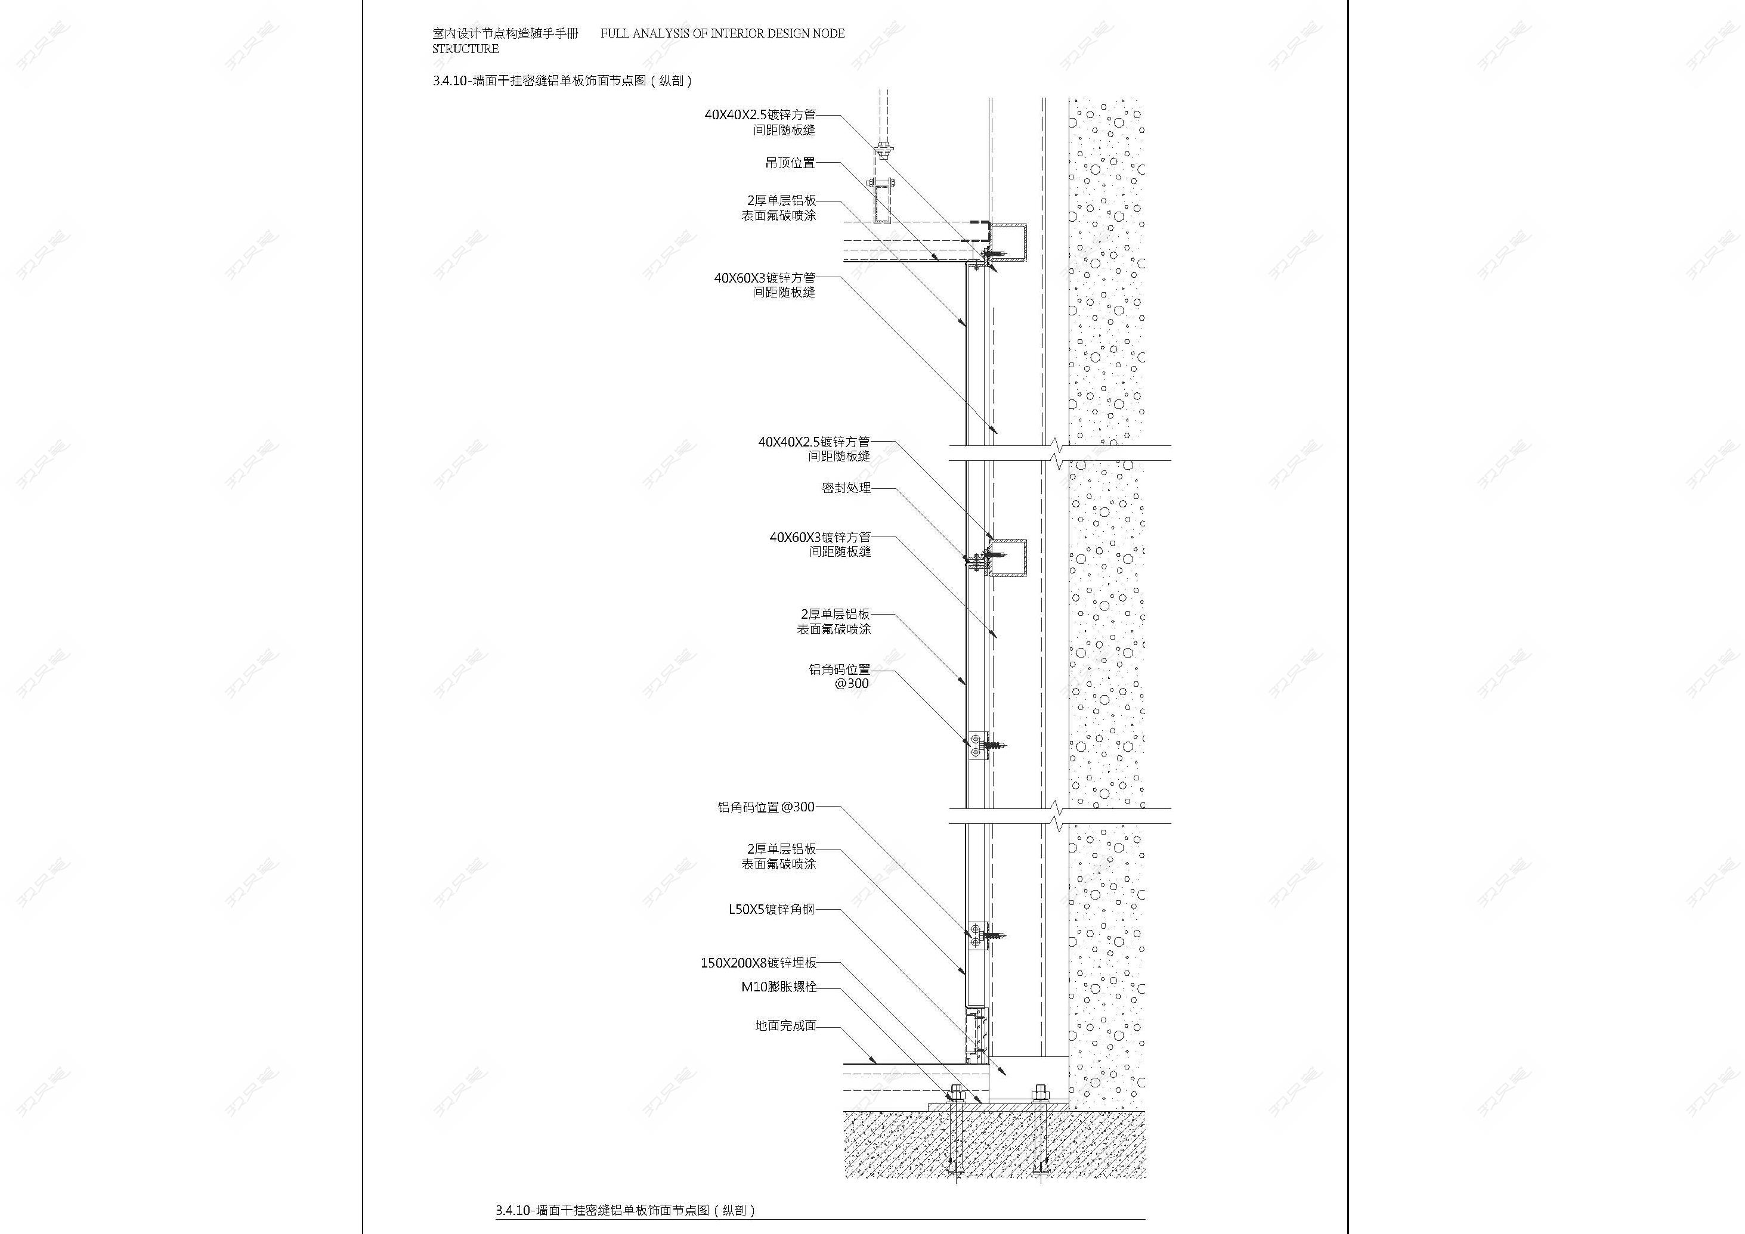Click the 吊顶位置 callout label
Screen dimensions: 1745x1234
click(790, 163)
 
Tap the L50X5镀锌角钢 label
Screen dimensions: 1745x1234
click(772, 909)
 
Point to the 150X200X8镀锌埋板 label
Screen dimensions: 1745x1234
click(759, 963)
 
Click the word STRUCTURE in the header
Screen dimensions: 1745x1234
click(465, 49)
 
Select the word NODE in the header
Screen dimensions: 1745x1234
click(828, 33)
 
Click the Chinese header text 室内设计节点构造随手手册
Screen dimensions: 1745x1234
click(505, 33)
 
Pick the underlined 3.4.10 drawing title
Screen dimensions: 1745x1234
click(626, 1210)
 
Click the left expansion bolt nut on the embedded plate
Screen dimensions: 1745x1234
click(955, 1094)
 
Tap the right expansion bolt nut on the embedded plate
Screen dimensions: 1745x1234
click(1039, 1094)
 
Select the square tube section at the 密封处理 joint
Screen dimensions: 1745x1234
click(1008, 558)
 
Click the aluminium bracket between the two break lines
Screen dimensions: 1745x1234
click(977, 745)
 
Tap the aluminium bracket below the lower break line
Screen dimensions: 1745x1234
click(977, 935)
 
